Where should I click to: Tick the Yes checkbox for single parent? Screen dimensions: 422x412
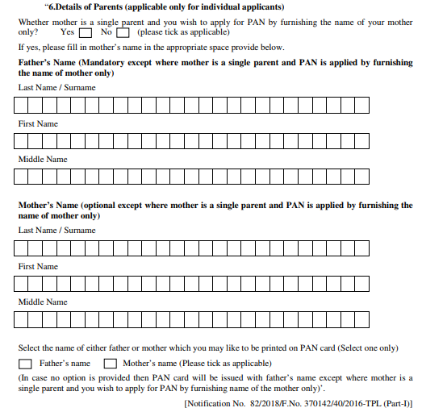(x=85, y=34)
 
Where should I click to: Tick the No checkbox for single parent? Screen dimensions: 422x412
(x=123, y=34)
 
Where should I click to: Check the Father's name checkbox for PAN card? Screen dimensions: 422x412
(x=25, y=364)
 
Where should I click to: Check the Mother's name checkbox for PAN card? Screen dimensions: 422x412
(x=109, y=364)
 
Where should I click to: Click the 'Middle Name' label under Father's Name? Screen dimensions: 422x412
(x=43, y=160)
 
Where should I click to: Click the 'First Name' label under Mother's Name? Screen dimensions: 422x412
(x=38, y=266)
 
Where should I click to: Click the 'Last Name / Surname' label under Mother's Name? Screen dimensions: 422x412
(x=56, y=231)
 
